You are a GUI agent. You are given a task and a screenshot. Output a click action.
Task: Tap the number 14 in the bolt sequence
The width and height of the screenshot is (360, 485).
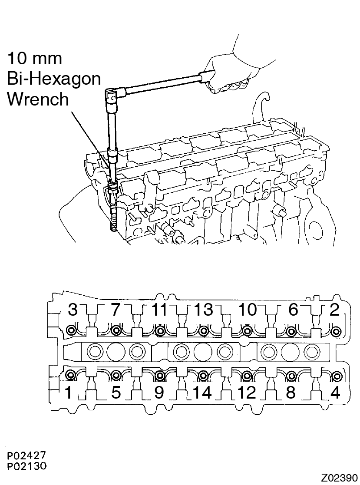tap(202, 393)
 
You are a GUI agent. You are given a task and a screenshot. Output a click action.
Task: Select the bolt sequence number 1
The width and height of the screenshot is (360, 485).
tap(68, 393)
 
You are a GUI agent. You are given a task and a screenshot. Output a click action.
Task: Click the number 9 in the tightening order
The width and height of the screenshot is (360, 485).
tap(159, 393)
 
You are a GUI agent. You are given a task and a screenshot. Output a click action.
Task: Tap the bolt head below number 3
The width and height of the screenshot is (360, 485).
tap(72, 330)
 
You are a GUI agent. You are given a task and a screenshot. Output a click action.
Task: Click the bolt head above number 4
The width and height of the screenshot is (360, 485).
tap(336, 376)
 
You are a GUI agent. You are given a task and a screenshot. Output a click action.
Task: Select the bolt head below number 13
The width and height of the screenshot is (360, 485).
tap(203, 331)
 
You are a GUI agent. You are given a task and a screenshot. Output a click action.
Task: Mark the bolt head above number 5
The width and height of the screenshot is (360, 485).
tap(116, 376)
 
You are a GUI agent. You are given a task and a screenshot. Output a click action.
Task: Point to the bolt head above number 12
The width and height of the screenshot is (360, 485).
tap(247, 376)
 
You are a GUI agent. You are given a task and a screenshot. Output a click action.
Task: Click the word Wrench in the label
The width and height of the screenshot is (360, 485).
tap(38, 99)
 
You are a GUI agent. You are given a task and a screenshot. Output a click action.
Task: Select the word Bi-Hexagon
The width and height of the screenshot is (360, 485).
tap(54, 79)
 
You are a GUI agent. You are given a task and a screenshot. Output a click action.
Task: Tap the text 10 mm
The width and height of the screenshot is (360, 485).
tap(34, 59)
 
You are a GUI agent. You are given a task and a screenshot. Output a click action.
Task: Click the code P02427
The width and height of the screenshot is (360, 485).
tap(27, 455)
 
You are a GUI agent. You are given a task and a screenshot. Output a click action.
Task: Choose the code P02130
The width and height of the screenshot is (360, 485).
tap(27, 466)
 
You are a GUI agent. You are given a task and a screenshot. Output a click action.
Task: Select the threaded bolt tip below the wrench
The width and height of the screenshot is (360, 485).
tap(112, 218)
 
